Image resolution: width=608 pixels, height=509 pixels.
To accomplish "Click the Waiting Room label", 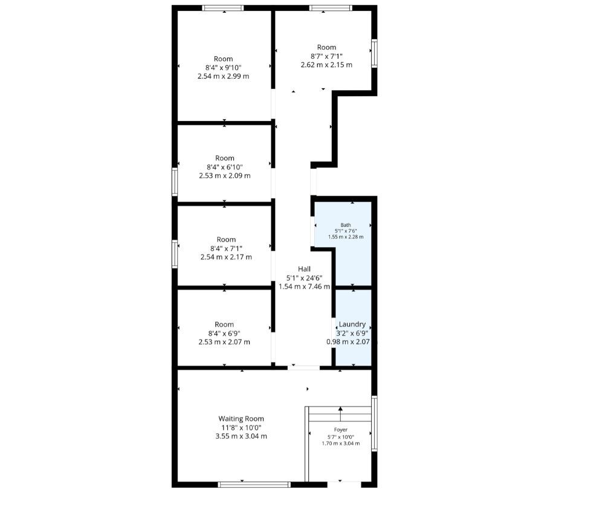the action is tap(241, 418).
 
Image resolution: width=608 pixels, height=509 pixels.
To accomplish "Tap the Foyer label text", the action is tap(341, 429).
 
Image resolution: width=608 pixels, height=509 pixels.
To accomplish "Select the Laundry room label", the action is tap(352, 325).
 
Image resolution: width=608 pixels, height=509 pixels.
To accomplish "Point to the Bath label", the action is tap(346, 225).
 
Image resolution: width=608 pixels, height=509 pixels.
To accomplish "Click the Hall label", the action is tap(305, 269).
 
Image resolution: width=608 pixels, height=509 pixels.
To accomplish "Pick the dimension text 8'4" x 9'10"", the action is tap(224, 68).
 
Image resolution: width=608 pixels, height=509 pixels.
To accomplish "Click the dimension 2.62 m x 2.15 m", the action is tap(326, 65).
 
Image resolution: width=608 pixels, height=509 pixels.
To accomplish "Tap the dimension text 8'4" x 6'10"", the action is tap(224, 167).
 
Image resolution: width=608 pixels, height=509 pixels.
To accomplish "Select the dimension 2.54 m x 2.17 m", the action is tap(226, 257).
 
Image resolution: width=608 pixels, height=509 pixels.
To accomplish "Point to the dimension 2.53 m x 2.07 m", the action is tap(224, 342).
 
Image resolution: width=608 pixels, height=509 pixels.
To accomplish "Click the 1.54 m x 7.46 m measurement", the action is tap(305, 287).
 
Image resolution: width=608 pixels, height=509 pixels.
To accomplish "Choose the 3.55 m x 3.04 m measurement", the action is tap(241, 436).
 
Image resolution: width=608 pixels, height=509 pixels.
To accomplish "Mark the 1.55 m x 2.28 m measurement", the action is tap(346, 236).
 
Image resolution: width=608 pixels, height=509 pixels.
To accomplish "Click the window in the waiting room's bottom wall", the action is tap(254, 484).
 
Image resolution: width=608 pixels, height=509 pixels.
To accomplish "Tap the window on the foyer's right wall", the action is tap(374, 423).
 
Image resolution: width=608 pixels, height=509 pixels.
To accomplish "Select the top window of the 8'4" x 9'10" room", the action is tap(223, 8).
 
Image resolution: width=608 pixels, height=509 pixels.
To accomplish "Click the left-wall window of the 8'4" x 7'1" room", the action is tap(175, 254).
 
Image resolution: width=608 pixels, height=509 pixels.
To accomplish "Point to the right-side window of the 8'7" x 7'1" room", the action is tap(374, 53).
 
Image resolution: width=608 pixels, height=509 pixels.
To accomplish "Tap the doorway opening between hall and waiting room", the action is tap(303, 368).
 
